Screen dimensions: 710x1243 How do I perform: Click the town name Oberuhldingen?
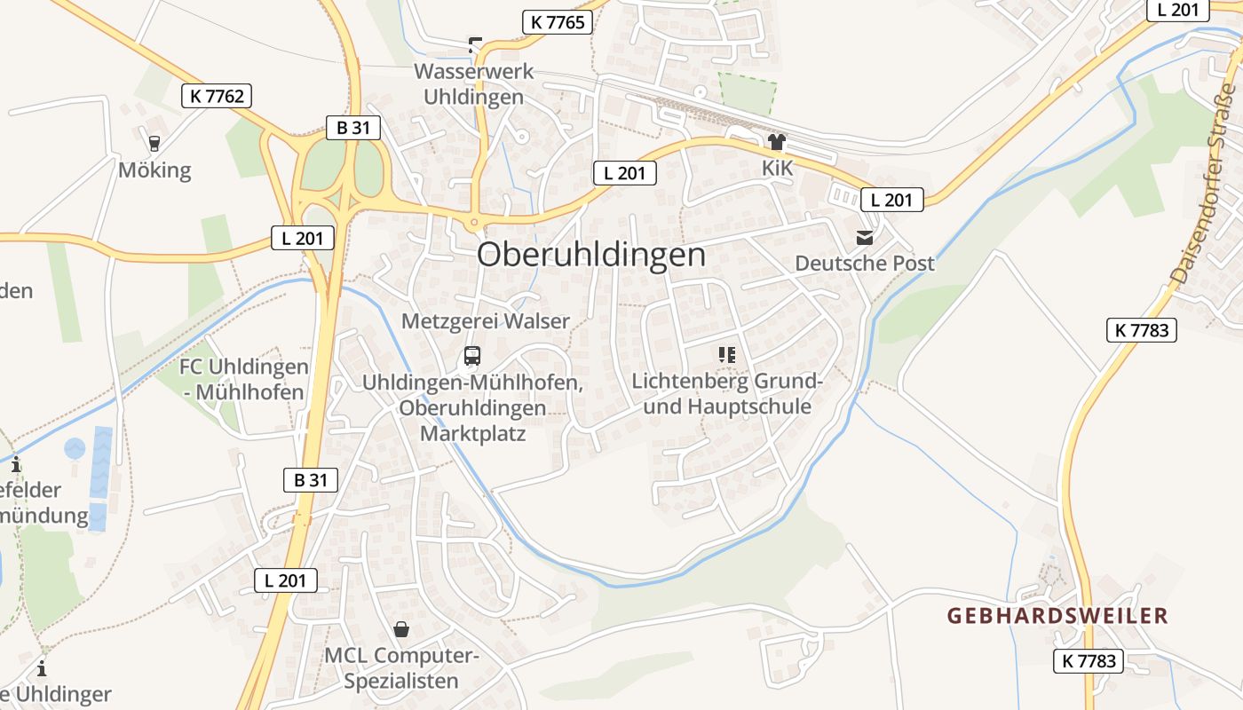[x=591, y=256]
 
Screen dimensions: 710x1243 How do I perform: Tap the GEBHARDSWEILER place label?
[x=1057, y=616]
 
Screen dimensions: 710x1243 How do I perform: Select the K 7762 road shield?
[x=217, y=96]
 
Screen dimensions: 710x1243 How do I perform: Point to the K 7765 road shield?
[x=558, y=22]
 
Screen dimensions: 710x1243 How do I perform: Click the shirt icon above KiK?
[x=777, y=141]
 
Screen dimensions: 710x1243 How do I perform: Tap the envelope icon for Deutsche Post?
[x=864, y=238]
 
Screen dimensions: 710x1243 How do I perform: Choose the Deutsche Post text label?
[x=865, y=264]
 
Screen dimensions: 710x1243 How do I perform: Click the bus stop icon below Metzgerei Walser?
[x=472, y=356]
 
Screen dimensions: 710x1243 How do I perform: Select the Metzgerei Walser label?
[x=486, y=321]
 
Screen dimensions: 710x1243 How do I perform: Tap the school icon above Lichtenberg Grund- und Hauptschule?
[x=727, y=355]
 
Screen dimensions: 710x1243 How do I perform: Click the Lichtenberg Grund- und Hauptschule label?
[x=727, y=394]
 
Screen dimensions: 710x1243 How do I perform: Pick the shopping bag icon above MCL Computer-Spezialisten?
[x=401, y=629]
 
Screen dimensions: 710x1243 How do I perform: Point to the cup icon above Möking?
[x=154, y=142]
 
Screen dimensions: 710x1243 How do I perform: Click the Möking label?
[x=154, y=170]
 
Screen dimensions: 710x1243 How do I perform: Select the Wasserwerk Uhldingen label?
[x=474, y=84]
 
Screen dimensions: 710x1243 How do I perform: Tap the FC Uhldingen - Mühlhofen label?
[x=244, y=379]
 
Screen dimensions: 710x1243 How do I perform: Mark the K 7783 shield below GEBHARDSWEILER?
[x=1089, y=660]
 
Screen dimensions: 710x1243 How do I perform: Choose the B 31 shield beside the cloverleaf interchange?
[x=352, y=128]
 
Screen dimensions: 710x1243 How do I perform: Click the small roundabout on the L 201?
[x=474, y=222]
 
